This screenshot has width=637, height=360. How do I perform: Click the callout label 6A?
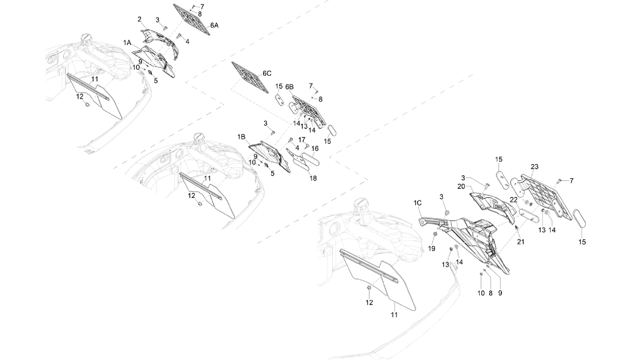pos(214,26)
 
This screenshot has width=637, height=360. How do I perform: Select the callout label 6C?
pos(267,73)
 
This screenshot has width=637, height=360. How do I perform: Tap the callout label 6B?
pos(290,87)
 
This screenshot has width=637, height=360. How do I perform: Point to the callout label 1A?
pos(127,43)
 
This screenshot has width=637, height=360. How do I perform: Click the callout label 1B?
pos(242,137)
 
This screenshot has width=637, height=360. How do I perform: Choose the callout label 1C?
pos(418,203)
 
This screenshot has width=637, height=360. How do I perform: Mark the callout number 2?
pos(140,20)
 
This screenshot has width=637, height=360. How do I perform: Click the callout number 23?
pos(534,167)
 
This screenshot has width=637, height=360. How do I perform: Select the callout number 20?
pos(461,187)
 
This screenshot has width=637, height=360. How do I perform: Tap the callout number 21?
pos(521,242)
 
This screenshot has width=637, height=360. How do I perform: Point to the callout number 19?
pos(432,249)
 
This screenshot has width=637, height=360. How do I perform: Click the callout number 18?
pos(313,178)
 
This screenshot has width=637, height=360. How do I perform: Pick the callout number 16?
pos(315,149)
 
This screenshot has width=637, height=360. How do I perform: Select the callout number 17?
pos(302,140)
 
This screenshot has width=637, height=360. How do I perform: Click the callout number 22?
pos(514,200)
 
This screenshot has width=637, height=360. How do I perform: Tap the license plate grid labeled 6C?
pos(250,78)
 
